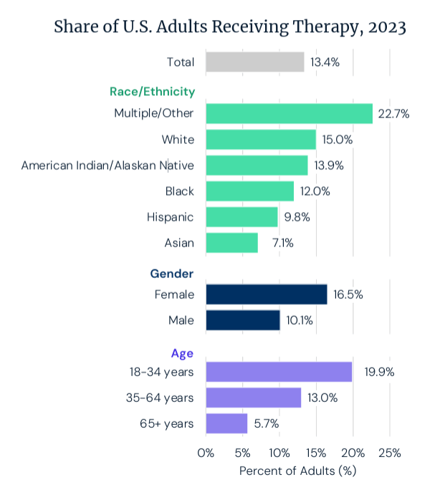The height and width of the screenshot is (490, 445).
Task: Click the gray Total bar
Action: coord(254,62)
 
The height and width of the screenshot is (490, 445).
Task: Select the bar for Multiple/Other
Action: coord(289,113)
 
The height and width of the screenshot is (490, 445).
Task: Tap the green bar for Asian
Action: coord(231,243)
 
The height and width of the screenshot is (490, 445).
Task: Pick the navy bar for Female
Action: coord(266,294)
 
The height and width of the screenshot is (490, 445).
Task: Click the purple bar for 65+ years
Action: coord(226,423)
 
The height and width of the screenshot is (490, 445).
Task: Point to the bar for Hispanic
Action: coord(241,217)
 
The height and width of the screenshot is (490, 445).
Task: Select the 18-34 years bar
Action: coord(279,372)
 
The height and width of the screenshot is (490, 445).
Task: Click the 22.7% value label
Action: coord(394,113)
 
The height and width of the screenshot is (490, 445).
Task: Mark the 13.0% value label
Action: coord(322,398)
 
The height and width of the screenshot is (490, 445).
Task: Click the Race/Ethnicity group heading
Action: coord(152,92)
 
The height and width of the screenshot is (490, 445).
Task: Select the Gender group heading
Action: coord(172,273)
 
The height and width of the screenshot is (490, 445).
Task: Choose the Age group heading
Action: coord(182,352)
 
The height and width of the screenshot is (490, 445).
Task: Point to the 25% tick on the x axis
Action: coord(389,453)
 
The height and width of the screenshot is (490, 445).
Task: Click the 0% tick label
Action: coord(206,453)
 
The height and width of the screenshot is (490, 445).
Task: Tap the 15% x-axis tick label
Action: coord(316,453)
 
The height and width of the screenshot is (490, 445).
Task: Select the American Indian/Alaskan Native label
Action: coord(107,165)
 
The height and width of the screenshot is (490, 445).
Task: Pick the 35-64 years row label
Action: coord(159,398)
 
